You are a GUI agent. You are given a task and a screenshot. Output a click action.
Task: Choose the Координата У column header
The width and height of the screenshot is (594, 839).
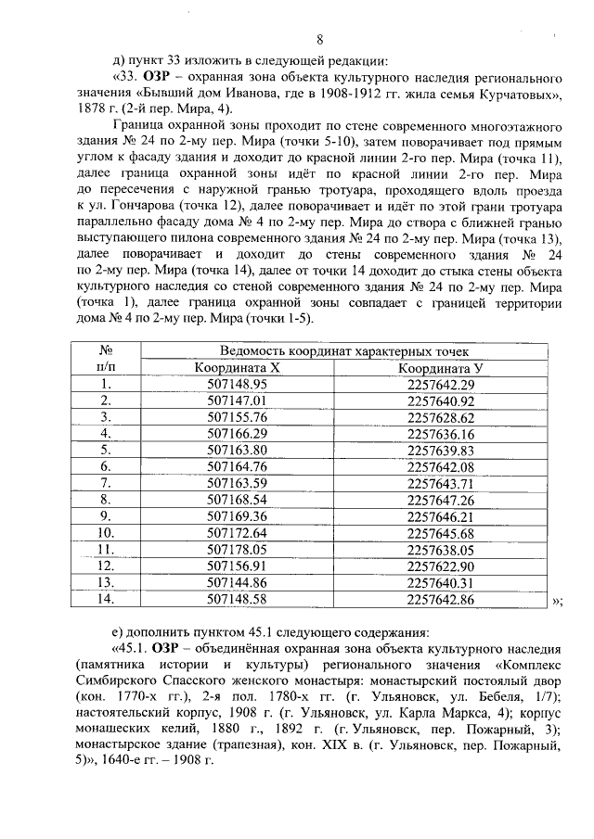pyautogui.click(x=441, y=367)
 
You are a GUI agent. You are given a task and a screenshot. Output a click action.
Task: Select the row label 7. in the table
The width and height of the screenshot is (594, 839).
pyautogui.click(x=106, y=482)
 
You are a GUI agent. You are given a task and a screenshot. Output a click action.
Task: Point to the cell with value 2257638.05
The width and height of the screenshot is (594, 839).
pyautogui.click(x=441, y=549)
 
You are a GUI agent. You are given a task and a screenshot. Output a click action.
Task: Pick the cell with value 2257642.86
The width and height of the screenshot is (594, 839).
pyautogui.click(x=441, y=598)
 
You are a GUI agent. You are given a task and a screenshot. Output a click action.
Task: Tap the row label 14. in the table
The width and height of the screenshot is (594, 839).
pyautogui.click(x=106, y=598)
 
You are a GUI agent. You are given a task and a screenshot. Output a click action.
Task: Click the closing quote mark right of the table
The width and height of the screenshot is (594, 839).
pyautogui.click(x=557, y=601)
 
